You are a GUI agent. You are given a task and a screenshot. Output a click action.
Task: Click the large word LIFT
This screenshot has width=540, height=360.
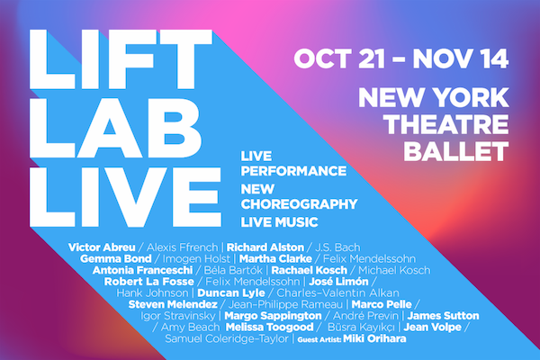pos(121,59)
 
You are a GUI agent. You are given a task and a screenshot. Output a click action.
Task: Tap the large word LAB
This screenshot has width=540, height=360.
pos(115,128)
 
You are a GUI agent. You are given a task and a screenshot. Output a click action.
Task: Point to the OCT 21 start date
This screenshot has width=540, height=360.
pos(339,58)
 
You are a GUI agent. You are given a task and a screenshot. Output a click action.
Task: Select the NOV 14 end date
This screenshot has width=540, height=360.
pos(461,58)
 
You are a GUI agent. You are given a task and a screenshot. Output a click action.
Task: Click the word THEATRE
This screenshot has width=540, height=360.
pos(446,124)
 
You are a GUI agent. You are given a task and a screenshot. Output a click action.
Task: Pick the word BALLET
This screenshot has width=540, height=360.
pos(456,151)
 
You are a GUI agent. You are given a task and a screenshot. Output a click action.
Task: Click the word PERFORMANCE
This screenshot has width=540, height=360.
pos(293,171)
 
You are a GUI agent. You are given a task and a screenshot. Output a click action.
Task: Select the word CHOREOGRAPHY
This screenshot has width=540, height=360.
pos(299,204)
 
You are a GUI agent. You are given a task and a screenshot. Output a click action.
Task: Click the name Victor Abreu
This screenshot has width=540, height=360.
pos(102,247)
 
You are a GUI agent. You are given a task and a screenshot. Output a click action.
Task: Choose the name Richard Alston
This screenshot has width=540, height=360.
pos(265,247)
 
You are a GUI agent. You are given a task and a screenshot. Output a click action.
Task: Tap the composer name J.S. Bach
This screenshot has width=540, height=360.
pos(337,247)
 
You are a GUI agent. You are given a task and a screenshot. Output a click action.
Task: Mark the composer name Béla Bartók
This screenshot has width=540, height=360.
pos(233,270)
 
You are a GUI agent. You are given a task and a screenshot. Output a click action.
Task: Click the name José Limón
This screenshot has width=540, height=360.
pos(338,282)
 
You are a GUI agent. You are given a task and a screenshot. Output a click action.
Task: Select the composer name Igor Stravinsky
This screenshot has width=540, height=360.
pos(177,316)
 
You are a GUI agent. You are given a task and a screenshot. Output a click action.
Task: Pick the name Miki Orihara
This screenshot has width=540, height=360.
pos(374,338)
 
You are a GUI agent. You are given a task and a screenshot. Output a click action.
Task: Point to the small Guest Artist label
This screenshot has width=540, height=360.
pos(319,339)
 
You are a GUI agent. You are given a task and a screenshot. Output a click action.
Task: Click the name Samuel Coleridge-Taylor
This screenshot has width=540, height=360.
pos(227,338)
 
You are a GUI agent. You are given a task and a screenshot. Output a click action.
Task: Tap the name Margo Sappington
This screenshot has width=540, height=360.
pos(273,316)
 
